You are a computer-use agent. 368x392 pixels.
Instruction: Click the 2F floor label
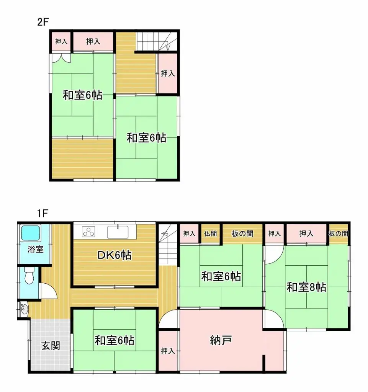pyautogui.click(x=43, y=22)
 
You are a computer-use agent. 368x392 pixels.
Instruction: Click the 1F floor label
pyautogui.click(x=42, y=213)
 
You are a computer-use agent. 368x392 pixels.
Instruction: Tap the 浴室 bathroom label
pyautogui.click(x=35, y=250)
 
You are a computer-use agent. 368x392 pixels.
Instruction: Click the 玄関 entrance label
pyautogui.click(x=50, y=346)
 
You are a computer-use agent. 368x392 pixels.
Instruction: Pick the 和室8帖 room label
pyautogui.click(x=306, y=287)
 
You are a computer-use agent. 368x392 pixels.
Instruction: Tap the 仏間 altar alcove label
pyautogui.click(x=211, y=234)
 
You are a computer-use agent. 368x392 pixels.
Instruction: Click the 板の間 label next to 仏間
pyautogui.click(x=243, y=234)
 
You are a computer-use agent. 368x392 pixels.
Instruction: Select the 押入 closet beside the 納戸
pyautogui.click(x=168, y=351)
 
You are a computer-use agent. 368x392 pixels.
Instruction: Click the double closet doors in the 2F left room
pyautogui.click(x=61, y=58)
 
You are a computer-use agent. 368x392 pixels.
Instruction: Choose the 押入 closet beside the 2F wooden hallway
pyautogui.click(x=168, y=73)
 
